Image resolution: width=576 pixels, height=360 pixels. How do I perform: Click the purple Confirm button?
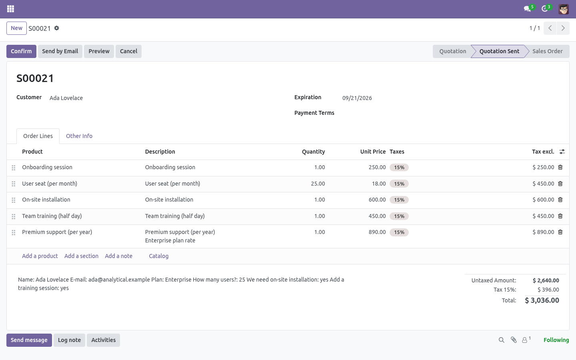point(21,51)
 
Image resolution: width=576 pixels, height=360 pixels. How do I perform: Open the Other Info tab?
point(79,136)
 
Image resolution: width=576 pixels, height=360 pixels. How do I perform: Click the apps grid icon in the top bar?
point(10,9)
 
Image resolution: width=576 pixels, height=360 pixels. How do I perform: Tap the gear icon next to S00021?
point(56,28)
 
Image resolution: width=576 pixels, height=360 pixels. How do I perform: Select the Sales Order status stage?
point(547,51)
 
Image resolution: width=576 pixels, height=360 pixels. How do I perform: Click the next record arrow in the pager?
point(563,28)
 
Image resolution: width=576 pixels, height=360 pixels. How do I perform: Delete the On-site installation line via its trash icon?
point(560,200)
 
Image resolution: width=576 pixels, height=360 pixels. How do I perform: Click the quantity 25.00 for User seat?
point(318,184)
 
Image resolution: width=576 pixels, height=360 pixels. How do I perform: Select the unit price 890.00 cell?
point(377,232)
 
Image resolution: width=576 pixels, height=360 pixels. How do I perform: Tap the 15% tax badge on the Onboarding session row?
point(399,167)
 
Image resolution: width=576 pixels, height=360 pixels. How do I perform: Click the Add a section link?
point(81,256)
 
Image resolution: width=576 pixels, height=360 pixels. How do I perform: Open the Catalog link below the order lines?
point(159,256)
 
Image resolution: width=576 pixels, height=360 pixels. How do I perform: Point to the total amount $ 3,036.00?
point(542,300)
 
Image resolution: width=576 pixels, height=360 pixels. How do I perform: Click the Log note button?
point(70,340)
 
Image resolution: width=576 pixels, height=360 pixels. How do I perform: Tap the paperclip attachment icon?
point(514,340)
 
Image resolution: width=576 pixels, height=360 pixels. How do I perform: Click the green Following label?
point(556,340)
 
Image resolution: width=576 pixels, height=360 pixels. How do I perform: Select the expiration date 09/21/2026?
point(357,98)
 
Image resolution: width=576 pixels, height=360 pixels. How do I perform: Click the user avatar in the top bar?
point(563,9)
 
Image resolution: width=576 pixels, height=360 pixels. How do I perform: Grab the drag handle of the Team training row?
point(14,216)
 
